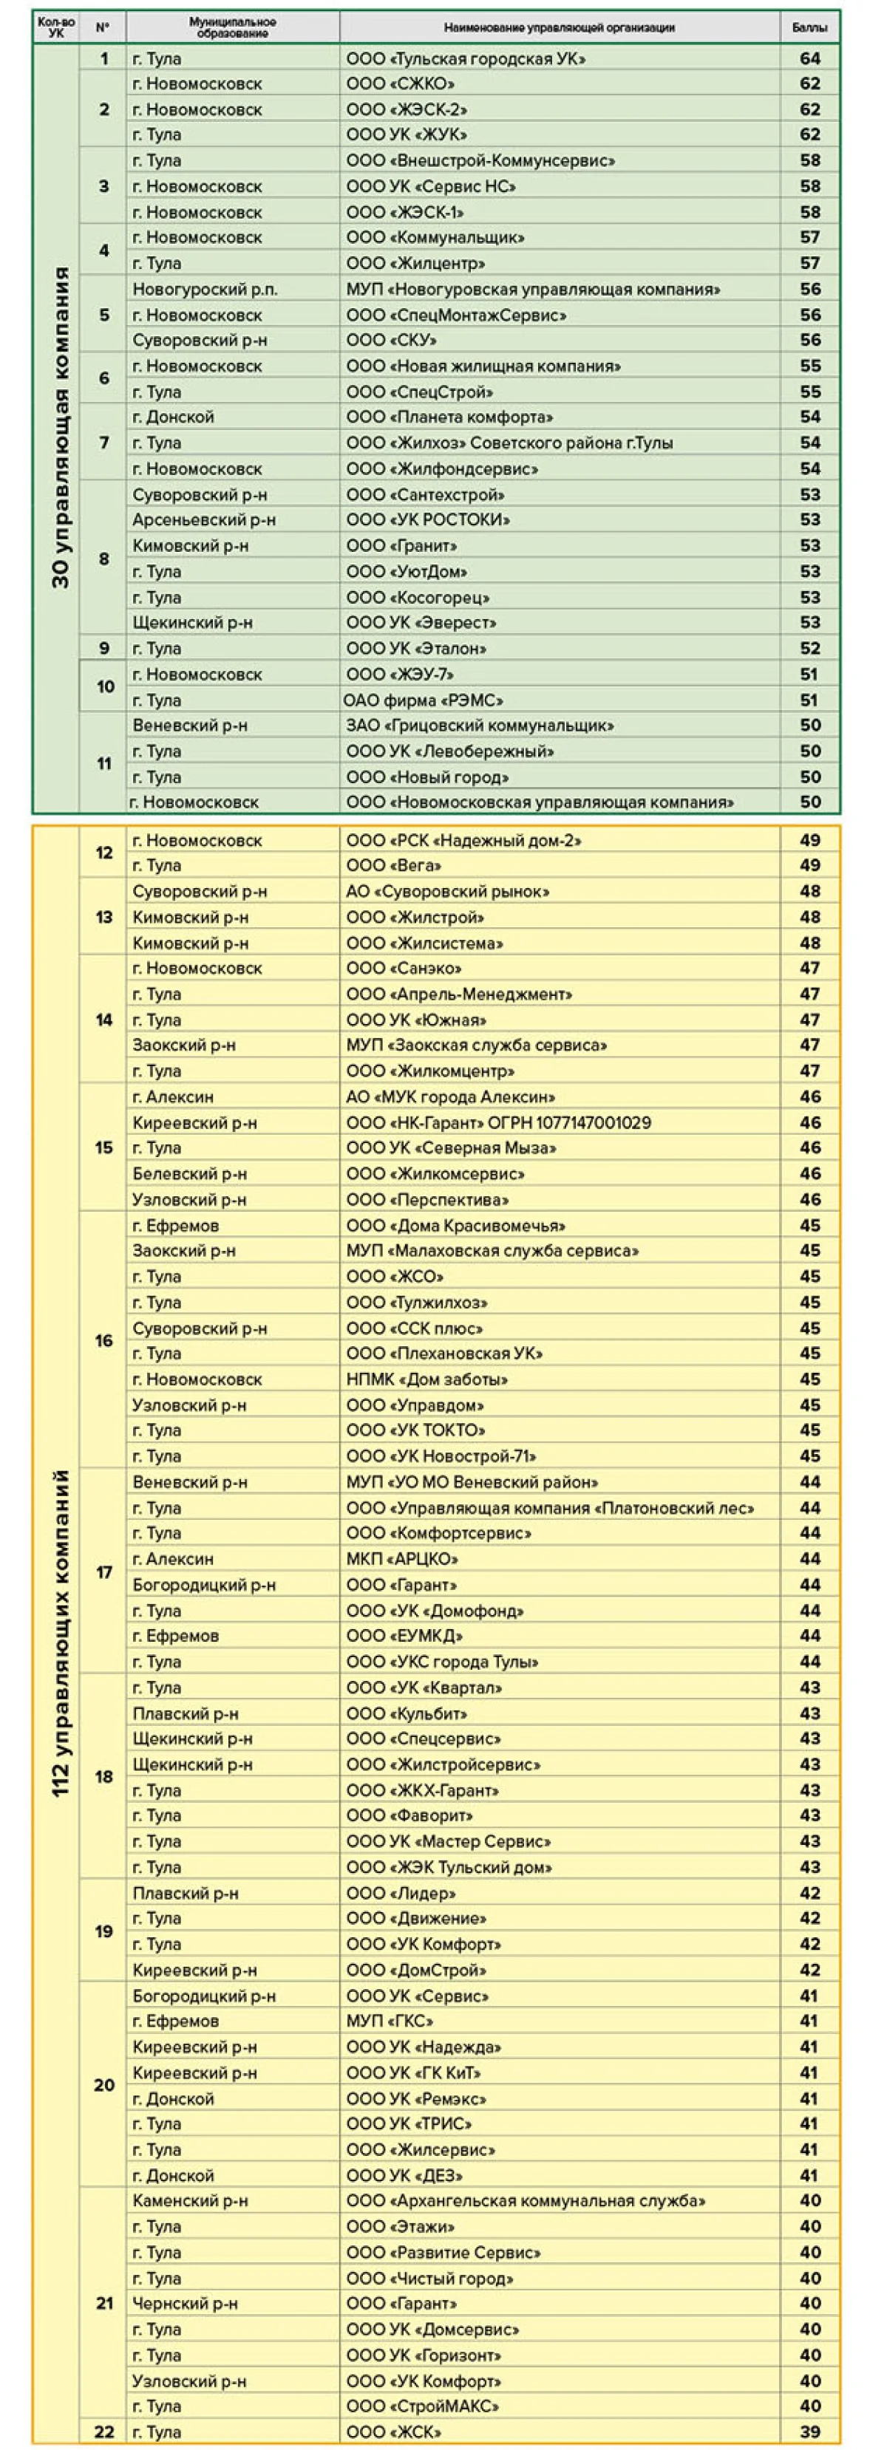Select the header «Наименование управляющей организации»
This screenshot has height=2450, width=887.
[559, 27]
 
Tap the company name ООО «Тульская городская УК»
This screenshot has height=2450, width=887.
[466, 59]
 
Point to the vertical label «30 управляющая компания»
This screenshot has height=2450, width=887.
[60, 427]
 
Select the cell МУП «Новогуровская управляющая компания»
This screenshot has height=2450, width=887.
[533, 289]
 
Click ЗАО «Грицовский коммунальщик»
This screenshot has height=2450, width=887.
[480, 726]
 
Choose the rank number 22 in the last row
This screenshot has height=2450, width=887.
[103, 2432]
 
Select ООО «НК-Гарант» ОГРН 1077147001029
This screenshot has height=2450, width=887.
[497, 1123]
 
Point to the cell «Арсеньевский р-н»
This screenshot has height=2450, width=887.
[191, 520]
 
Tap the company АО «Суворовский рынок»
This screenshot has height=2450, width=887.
[447, 892]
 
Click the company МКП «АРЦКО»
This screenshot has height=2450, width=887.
[401, 1559]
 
